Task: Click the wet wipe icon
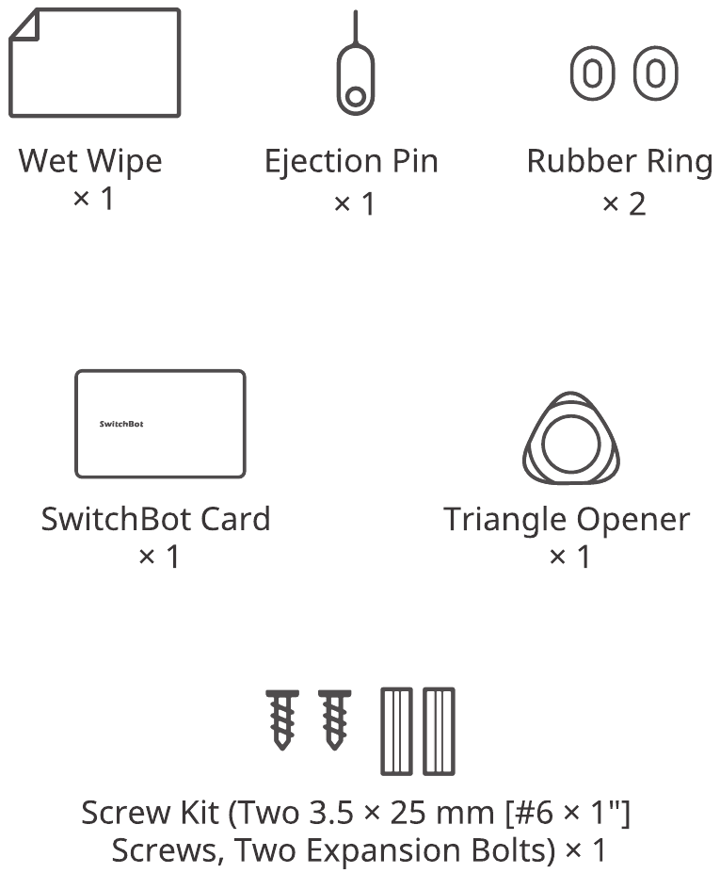(x=95, y=62)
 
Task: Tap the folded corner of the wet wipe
(x=25, y=25)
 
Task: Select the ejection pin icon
(x=356, y=62)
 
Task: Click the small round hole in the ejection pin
(x=356, y=96)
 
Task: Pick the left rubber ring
(x=592, y=73)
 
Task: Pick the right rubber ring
(x=655, y=73)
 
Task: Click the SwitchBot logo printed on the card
(x=121, y=424)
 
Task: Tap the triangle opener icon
(x=571, y=438)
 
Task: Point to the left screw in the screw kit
(x=282, y=719)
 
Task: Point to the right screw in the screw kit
(x=334, y=719)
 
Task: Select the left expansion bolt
(x=397, y=731)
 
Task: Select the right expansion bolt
(x=439, y=731)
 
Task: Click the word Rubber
(x=582, y=161)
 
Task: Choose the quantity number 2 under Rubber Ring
(x=638, y=204)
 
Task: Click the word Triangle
(x=505, y=521)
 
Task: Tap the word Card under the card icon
(x=234, y=520)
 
